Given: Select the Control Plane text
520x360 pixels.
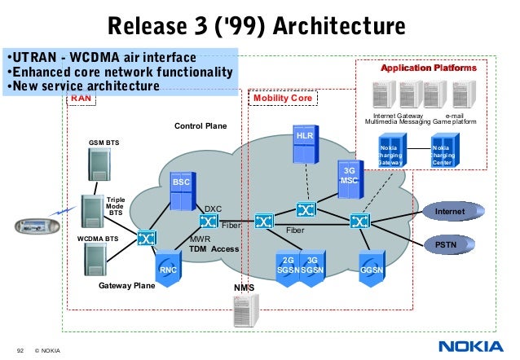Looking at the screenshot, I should pos(201,126).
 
